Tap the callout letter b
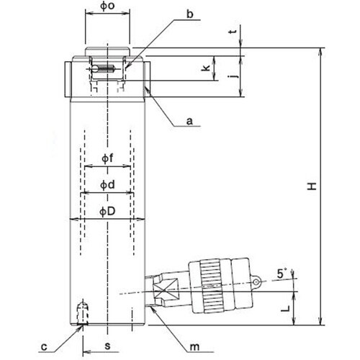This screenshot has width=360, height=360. [x=190, y=14]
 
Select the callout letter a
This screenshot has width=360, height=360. [x=189, y=121]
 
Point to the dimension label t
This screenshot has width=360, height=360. [x=233, y=31]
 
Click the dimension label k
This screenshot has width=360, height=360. [x=205, y=68]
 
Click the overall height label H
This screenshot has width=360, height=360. [x=312, y=186]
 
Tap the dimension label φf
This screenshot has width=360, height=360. [x=107, y=158]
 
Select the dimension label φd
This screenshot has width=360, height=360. [x=107, y=185]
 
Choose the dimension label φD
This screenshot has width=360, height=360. [x=107, y=211]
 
